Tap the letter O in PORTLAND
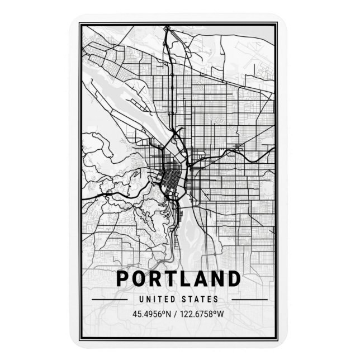click(140, 278)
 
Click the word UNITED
click(158, 299)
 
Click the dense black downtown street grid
click(167, 178)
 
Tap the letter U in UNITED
click(144, 299)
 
